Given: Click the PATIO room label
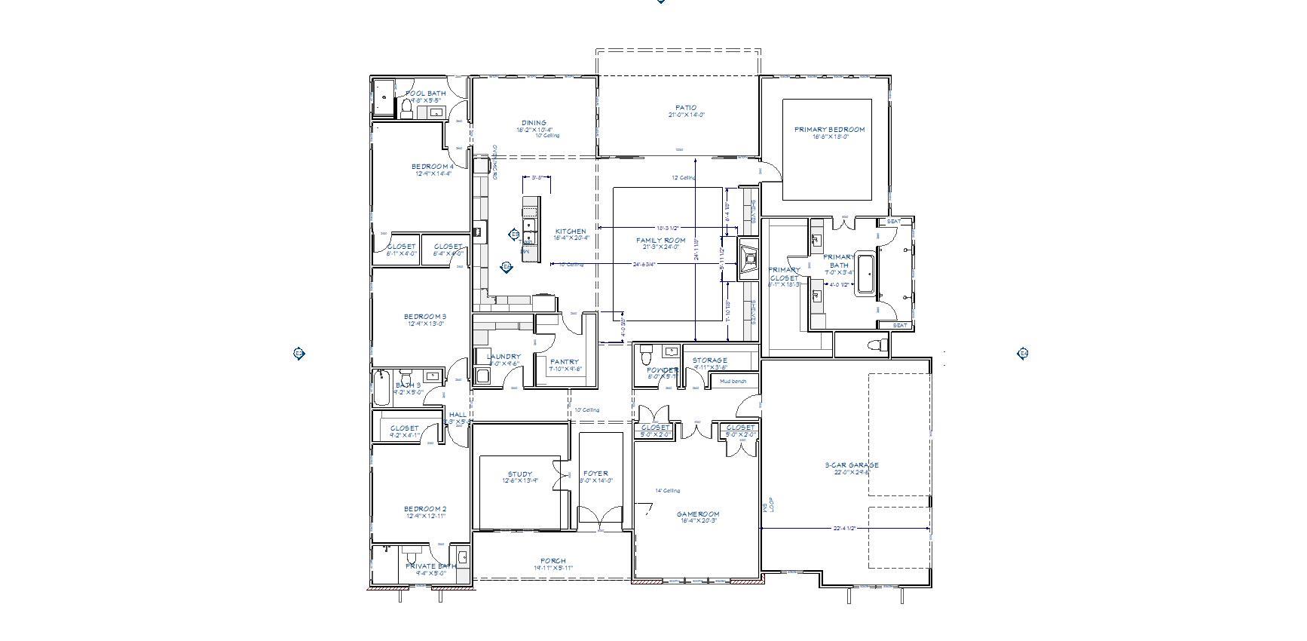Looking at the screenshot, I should (x=686, y=108).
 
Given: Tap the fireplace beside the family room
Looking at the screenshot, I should (x=748, y=260).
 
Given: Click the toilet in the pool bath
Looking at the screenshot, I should (x=407, y=110).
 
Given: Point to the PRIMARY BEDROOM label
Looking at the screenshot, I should (x=829, y=130).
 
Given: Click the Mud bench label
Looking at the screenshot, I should (x=732, y=382).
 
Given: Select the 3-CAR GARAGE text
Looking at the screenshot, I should (x=851, y=465).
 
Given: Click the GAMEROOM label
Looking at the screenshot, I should (x=697, y=514).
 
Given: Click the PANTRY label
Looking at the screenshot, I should (x=565, y=362).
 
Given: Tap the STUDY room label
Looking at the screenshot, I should (x=520, y=474).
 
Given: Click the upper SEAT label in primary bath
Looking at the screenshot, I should (x=894, y=222).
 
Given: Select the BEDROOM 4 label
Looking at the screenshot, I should (x=433, y=167).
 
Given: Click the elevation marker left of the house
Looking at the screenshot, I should (x=298, y=353).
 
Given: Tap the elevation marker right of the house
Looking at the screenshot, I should (x=1023, y=353).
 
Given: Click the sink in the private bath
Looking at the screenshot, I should (x=463, y=557).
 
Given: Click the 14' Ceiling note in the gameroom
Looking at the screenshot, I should (x=667, y=491).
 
